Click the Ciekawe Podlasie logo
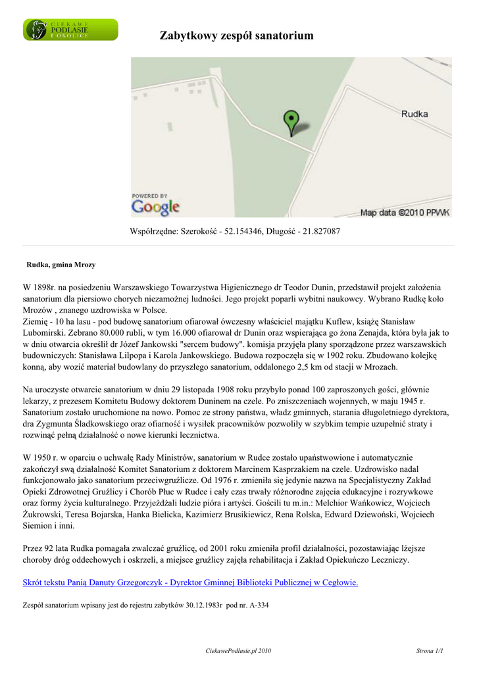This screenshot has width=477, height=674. [x=71, y=30]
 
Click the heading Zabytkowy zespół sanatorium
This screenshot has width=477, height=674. [x=237, y=36]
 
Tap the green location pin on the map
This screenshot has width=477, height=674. [x=290, y=122]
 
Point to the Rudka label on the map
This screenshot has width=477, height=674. [x=414, y=114]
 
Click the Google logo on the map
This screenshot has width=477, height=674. [x=155, y=207]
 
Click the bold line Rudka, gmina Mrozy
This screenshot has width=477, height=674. [x=61, y=265]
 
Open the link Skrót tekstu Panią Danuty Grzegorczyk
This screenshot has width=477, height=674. [x=190, y=583]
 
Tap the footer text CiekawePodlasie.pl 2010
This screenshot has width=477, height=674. [x=238, y=651]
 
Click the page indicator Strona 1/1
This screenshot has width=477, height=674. [x=430, y=651]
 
